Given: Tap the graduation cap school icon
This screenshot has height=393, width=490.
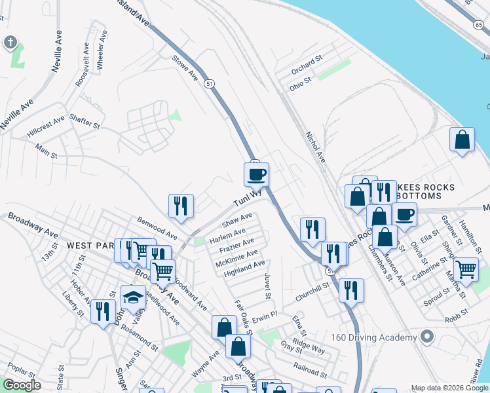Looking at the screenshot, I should tap(133, 297).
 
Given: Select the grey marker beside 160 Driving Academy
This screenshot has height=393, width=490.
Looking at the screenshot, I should tap(427, 337).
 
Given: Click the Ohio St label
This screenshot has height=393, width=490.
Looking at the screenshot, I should tap(301, 86).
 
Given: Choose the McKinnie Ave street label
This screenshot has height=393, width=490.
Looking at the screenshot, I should tap(236, 258).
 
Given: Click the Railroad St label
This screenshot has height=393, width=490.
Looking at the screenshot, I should tap(311, 372).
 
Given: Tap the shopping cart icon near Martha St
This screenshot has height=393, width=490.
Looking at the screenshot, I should tap(466, 269).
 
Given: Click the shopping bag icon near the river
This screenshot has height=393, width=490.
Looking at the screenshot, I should tap(462, 140).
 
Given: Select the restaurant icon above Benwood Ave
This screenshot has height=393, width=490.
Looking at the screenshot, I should tap(180, 206).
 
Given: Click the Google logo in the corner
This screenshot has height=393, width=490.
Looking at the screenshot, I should tap(22, 385).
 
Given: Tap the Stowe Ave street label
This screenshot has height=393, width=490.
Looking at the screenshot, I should tap(185, 67).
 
